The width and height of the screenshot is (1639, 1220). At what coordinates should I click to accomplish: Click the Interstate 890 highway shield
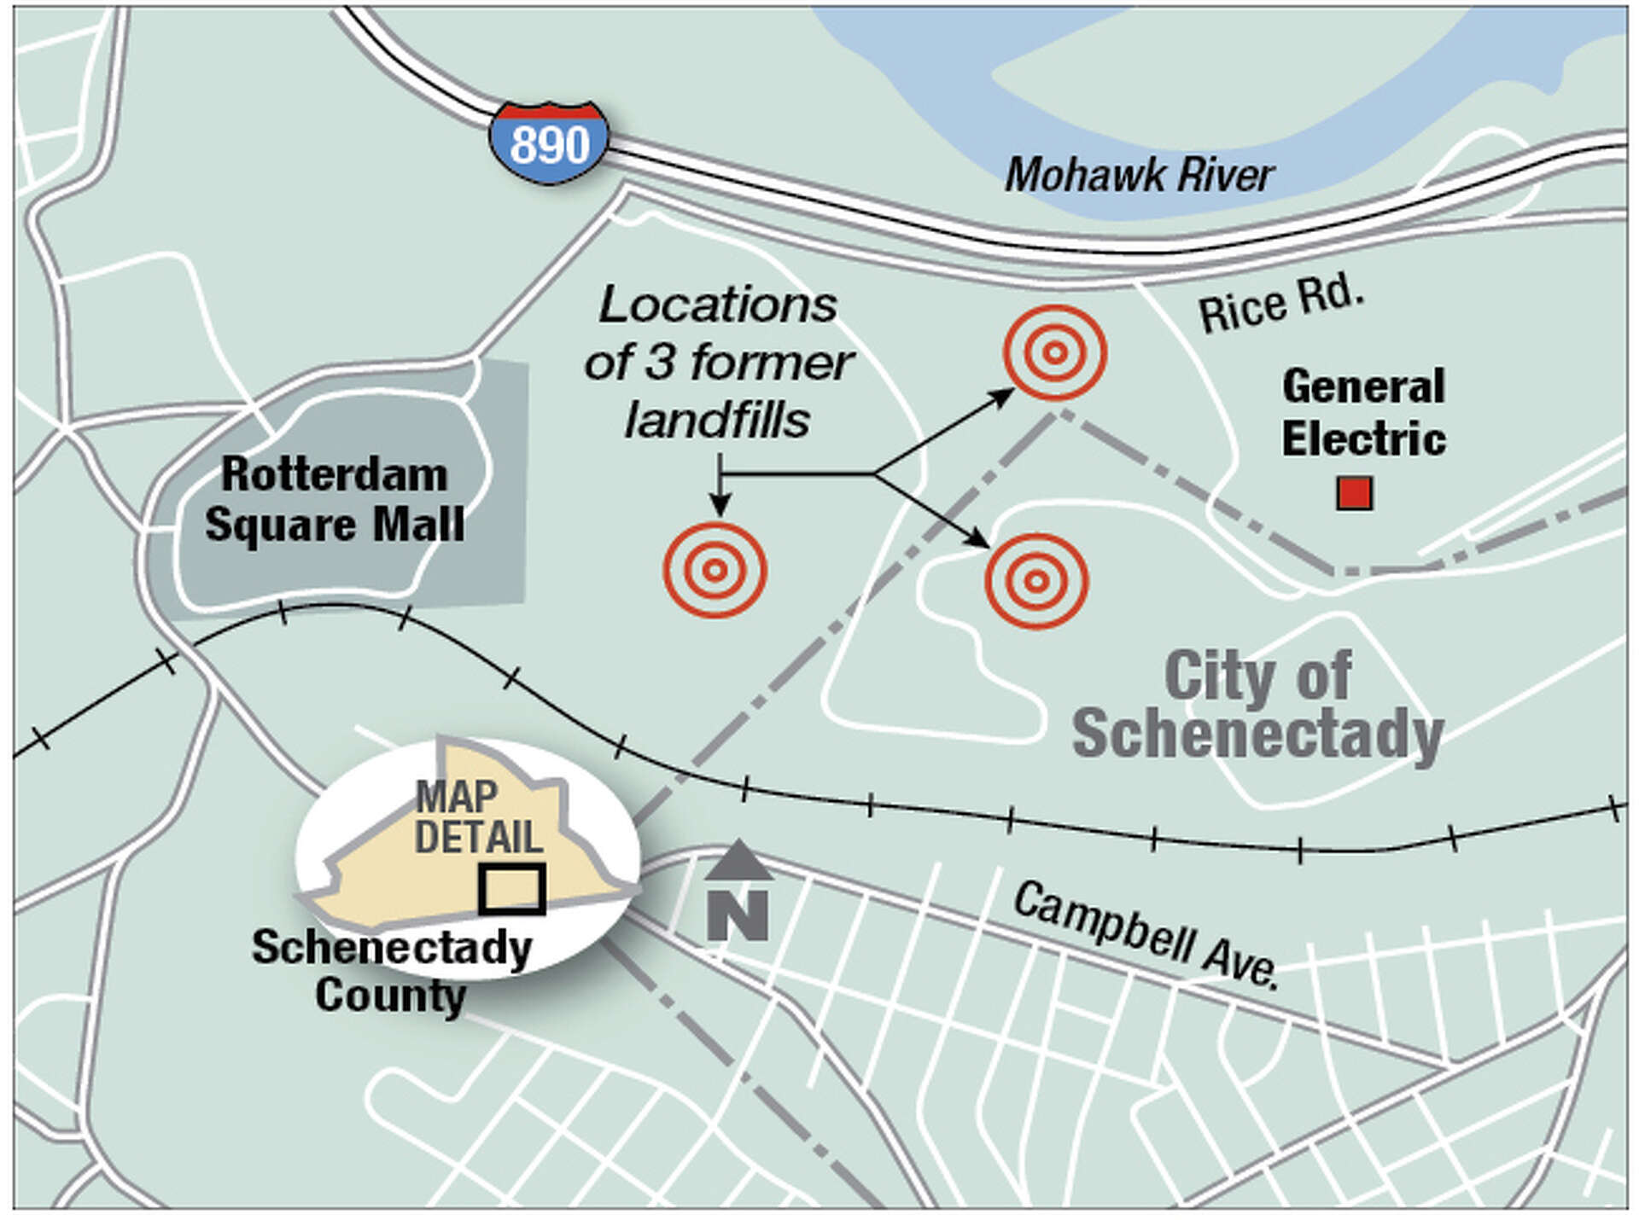[550, 143]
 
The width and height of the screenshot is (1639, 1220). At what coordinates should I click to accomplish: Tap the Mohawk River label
[1140, 176]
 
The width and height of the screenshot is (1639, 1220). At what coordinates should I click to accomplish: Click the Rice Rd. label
[1280, 304]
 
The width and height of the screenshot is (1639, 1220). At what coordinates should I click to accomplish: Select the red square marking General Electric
[1354, 493]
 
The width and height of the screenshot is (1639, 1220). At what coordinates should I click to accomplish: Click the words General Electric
[1363, 413]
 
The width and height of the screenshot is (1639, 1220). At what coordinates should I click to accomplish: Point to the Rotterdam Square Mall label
[335, 499]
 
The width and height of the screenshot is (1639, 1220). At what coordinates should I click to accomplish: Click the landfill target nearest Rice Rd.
[1055, 352]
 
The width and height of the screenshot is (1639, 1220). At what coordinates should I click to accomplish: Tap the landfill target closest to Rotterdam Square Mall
[715, 570]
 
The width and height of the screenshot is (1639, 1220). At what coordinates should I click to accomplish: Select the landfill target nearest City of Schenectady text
[1036, 581]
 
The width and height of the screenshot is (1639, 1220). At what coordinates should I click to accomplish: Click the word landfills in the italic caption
[717, 421]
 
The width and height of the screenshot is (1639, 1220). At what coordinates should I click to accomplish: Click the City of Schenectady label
[1257, 705]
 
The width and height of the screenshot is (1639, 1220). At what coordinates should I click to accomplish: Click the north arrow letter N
[738, 915]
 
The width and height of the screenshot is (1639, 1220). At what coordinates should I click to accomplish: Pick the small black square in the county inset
[511, 889]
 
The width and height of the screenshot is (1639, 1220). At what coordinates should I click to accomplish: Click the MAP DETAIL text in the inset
[478, 817]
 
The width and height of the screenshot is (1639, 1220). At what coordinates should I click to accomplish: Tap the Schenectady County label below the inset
[391, 971]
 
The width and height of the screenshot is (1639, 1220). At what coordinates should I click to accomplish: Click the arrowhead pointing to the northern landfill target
[1003, 396]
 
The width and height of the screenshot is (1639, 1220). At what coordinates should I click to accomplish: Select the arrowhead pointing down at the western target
[720, 508]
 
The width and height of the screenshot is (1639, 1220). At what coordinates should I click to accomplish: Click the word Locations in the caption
[717, 305]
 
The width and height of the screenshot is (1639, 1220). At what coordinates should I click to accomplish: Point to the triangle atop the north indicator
[738, 860]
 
